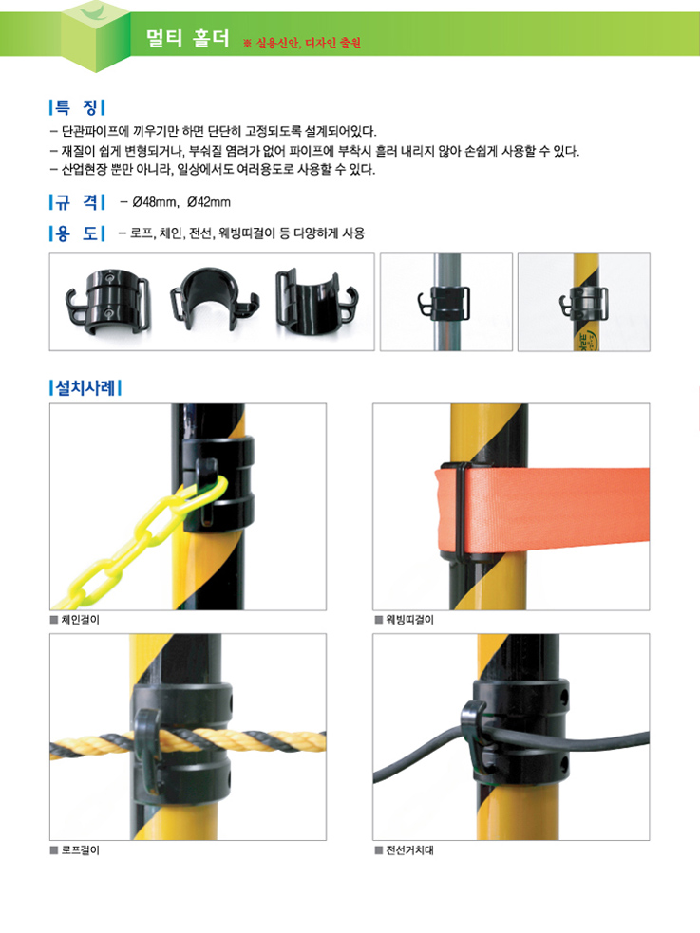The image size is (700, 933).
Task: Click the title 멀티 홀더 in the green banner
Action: pos(187,38)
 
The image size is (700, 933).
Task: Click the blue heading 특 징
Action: pos(77,107)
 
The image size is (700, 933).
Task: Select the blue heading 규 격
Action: pos(77,202)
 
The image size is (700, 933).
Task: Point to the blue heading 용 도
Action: pos(77,233)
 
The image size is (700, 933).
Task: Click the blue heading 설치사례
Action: pos(85,388)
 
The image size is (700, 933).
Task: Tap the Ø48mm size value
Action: pos(155,202)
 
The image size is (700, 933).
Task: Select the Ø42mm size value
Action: pos(208,202)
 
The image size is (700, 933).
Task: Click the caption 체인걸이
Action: pos(81,620)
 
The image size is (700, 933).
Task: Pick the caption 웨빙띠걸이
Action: pos(410,620)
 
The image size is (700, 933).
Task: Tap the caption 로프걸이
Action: pos(81,850)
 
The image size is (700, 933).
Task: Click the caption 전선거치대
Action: pos(410,850)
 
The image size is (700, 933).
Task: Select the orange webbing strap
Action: pos(541,510)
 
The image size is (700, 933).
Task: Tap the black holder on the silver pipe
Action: pos(445,303)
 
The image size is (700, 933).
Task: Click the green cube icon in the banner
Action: pos(96,36)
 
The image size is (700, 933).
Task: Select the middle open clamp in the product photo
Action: pos(215,297)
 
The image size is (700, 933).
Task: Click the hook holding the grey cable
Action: pos(474,737)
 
